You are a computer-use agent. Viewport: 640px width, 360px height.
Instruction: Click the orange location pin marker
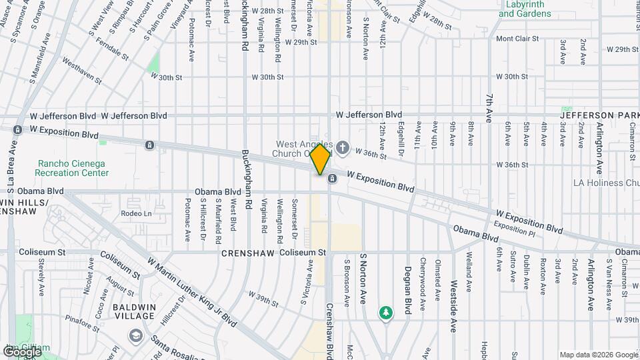click(x=321, y=159)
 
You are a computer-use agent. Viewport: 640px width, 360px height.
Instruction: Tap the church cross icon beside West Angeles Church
click(x=343, y=147)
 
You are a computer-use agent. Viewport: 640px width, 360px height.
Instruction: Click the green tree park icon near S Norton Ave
click(x=385, y=312)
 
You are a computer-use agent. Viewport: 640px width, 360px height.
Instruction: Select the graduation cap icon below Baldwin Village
click(x=137, y=335)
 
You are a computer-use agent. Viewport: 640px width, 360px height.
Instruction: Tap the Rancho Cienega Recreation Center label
click(x=73, y=168)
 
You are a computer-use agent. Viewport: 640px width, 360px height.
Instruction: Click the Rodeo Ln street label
click(x=137, y=213)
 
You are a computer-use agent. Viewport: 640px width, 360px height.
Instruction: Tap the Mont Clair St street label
click(x=517, y=39)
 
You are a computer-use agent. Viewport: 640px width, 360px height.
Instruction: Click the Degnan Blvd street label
click(x=407, y=284)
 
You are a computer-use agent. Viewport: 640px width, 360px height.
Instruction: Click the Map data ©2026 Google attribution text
click(x=597, y=355)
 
